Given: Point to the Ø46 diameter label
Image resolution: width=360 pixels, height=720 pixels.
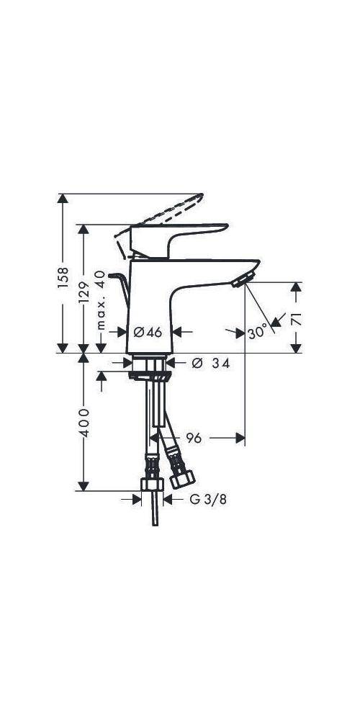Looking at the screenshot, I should point(148,332).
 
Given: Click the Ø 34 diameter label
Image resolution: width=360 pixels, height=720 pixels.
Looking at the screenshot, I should point(210,364).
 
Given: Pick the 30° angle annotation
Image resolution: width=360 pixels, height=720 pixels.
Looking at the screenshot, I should point(257,333).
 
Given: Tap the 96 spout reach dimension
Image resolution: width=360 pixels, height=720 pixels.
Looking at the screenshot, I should point(193,437).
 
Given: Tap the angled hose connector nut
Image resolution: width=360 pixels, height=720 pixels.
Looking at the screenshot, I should point(178,476).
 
